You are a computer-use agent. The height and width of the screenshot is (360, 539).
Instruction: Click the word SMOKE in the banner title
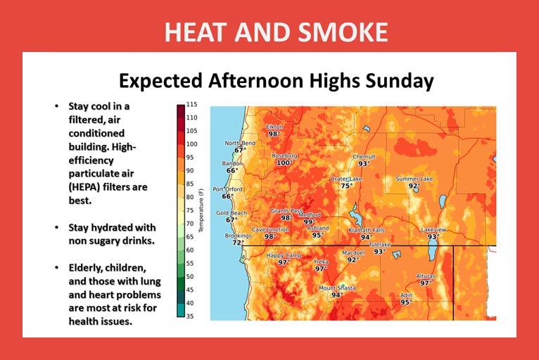(x=343, y=32)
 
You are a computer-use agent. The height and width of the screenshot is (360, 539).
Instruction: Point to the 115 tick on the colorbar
(x=192, y=105)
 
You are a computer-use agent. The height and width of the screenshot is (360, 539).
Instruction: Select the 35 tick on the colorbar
(x=190, y=316)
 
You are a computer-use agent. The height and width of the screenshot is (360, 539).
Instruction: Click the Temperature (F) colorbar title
(x=201, y=210)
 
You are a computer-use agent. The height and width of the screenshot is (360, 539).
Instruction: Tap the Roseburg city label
(x=284, y=156)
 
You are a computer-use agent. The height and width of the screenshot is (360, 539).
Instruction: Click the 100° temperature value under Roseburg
(x=284, y=163)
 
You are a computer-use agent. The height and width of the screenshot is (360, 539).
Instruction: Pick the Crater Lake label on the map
(x=346, y=179)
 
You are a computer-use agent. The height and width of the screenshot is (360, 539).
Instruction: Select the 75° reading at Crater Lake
(x=346, y=186)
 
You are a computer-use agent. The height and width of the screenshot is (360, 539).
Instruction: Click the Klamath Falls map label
(x=367, y=230)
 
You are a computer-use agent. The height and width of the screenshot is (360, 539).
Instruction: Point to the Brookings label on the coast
(x=239, y=236)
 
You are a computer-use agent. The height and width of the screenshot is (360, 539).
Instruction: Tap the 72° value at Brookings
(x=238, y=243)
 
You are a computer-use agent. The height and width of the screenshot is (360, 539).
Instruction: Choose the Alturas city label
(x=426, y=276)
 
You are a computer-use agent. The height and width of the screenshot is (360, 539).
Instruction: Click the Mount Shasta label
(x=337, y=288)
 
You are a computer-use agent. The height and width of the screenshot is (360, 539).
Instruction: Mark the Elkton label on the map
(x=274, y=127)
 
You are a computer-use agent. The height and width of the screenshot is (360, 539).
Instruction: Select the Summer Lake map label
(x=414, y=179)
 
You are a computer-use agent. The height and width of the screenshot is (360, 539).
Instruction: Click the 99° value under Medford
(x=310, y=222)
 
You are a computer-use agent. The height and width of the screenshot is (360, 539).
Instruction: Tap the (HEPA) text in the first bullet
(x=84, y=188)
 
